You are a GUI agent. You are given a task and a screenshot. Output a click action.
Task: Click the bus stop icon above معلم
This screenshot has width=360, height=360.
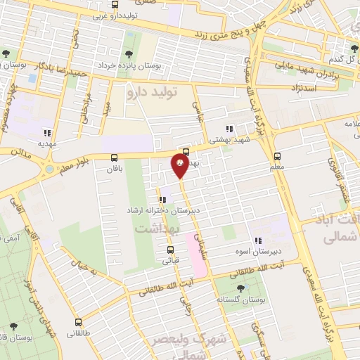click(277, 156)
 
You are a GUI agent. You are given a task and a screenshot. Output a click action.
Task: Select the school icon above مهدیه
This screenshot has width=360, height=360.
click(47, 132)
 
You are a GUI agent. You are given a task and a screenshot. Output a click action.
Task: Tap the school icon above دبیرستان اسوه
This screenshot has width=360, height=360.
click(258, 239)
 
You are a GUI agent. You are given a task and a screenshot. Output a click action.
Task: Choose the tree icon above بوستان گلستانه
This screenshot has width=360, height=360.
click(242, 288)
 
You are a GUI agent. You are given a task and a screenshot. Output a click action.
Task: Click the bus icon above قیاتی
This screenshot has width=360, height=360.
click(170, 248)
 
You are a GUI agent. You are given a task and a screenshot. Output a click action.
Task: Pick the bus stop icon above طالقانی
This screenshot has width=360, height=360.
click(78, 323)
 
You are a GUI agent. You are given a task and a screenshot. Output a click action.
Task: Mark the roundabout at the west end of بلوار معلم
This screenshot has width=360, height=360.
click(50, 169)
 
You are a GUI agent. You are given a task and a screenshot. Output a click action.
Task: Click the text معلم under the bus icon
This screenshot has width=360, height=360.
click(277, 168)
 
